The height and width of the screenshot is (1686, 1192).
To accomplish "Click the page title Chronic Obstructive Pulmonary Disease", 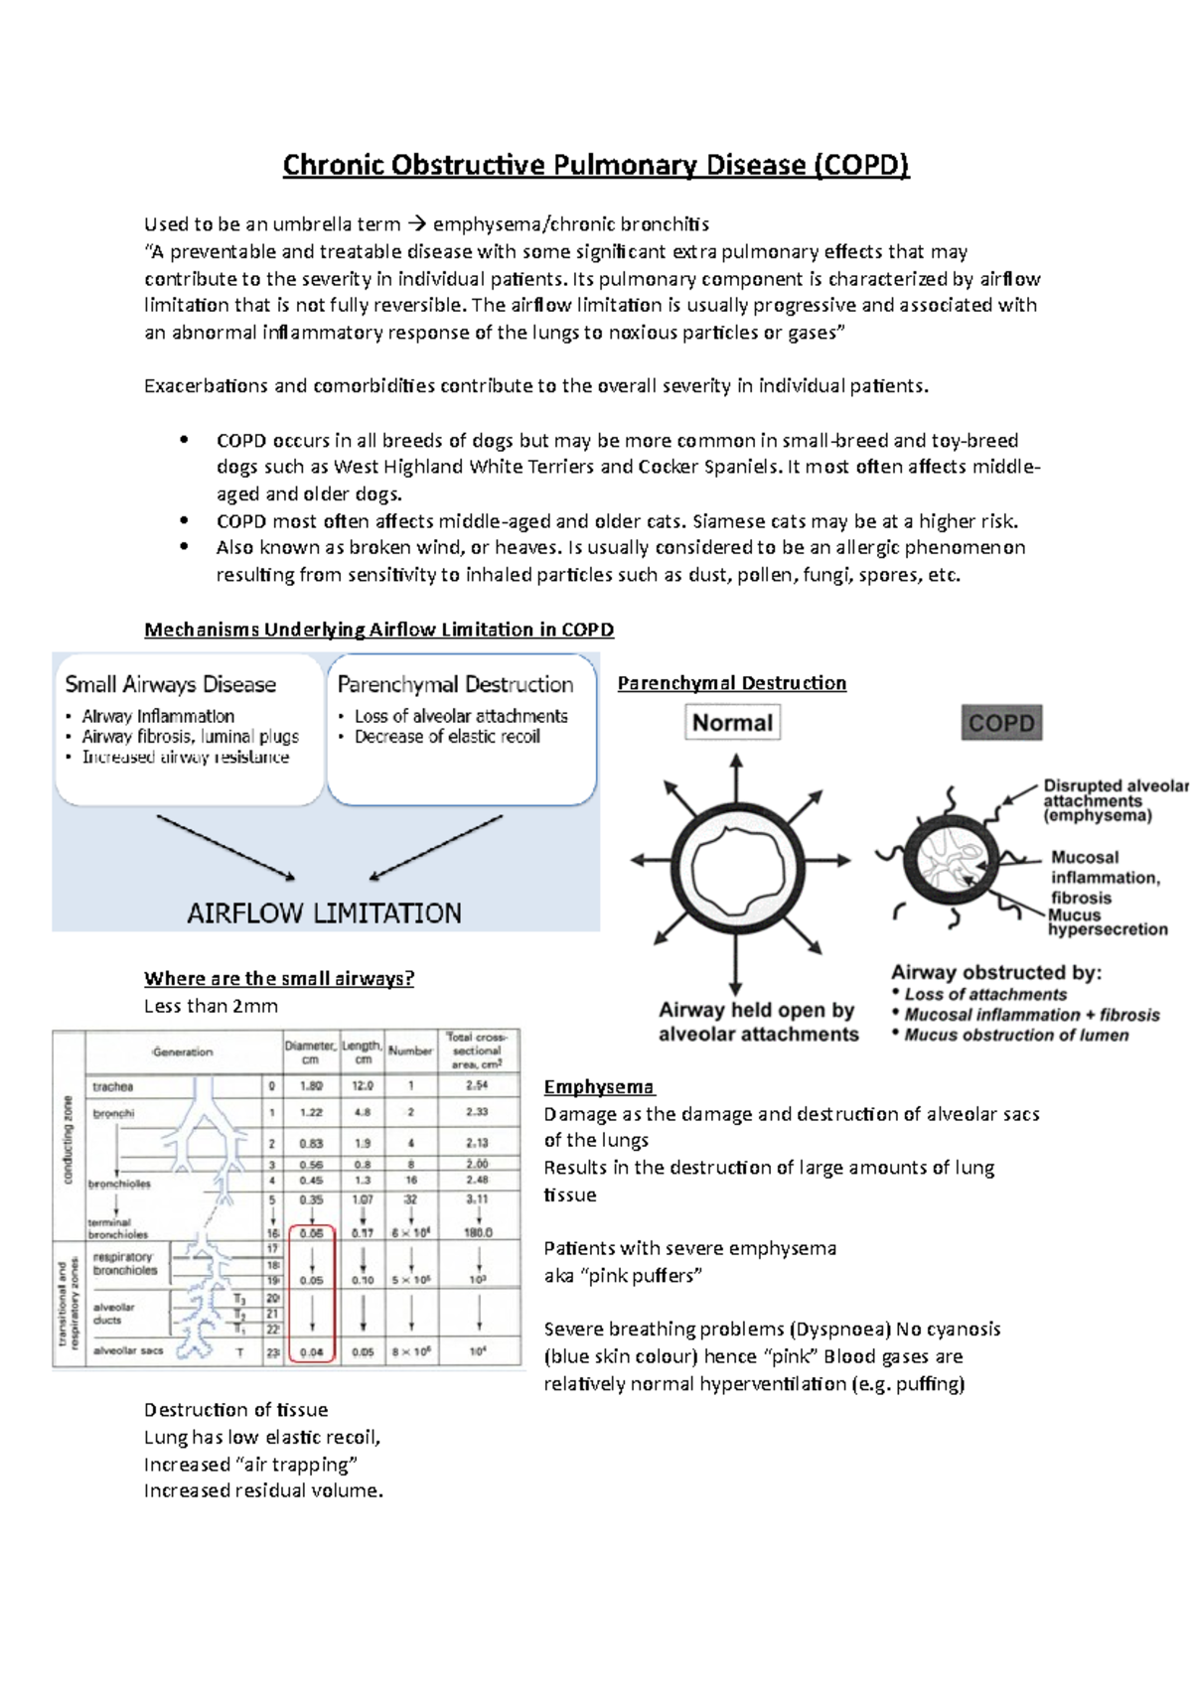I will coord(596,165).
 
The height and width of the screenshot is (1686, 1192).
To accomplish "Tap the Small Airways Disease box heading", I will coord(170,684).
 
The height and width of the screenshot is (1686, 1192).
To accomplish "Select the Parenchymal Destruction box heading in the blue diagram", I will coord(455,684).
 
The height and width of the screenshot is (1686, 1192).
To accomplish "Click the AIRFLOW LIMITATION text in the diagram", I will coord(324,913).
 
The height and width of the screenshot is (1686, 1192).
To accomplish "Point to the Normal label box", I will coord(732,723).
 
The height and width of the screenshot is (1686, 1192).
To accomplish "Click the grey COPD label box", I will coord(1001,723).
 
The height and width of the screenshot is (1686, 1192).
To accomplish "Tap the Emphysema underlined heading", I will coord(599,1087).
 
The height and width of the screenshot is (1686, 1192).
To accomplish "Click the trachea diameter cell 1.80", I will coord(311,1086).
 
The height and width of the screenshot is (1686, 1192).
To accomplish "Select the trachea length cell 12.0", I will coord(363,1086).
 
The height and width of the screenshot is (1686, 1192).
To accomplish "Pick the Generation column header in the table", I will coord(183,1052).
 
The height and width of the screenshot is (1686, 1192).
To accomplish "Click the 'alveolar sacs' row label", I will coord(128,1350).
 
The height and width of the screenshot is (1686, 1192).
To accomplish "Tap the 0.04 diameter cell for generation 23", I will coord(312,1352).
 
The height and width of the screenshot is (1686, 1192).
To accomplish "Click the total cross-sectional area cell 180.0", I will coord(478,1232).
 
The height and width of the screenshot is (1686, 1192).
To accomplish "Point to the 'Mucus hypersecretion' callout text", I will coord(1107,922).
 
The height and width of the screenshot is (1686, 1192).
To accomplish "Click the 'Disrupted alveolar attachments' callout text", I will coord(1114,800).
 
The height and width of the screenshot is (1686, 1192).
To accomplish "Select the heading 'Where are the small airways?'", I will coord(279,979).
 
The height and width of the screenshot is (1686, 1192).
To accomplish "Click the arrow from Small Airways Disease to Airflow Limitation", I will coord(225,847).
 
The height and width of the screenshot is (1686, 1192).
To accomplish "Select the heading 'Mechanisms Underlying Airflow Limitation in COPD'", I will coord(378,630).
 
